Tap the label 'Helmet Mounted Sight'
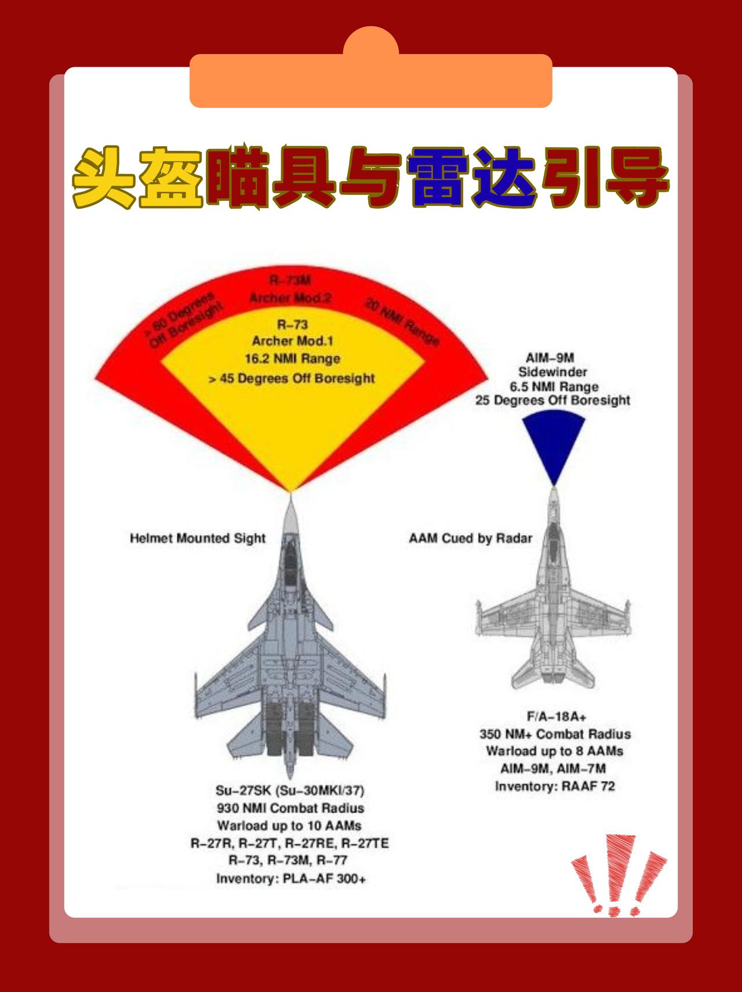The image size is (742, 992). coord(197,538)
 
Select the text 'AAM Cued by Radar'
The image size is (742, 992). coord(470,538)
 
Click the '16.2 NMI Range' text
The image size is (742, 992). coord(292,359)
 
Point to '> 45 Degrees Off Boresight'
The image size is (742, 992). coord(292,379)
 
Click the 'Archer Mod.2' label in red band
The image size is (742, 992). coord(290,298)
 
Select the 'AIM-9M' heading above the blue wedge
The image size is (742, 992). coord(550,358)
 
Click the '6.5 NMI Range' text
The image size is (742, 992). coord(554,386)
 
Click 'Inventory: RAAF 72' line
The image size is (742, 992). coord(555,787)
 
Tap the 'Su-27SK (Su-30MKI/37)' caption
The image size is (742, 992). coord(290,791)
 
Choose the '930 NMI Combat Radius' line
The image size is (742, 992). coord(290,808)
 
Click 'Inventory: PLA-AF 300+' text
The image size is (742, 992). coord(291,879)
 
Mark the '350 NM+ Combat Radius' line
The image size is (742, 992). coord(555,734)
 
